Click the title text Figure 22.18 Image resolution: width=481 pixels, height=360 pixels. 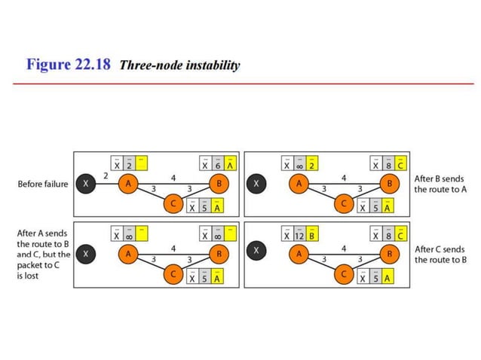[x=69, y=65]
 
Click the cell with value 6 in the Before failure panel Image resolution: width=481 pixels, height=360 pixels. [x=218, y=163]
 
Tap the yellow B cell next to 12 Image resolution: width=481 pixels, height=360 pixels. [x=311, y=233]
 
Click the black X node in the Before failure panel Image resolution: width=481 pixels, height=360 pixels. [x=87, y=184]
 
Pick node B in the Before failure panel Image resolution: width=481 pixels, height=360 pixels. [x=220, y=183]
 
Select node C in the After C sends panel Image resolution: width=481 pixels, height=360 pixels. [x=345, y=275]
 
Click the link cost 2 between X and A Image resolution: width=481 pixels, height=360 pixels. [x=106, y=175]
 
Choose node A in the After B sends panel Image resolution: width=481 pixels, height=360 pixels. [x=299, y=183]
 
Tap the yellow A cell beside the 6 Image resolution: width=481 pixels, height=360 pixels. [x=230, y=163]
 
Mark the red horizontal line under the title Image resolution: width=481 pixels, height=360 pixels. [x=240, y=84]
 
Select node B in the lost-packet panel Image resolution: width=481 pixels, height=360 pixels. [x=220, y=255]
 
